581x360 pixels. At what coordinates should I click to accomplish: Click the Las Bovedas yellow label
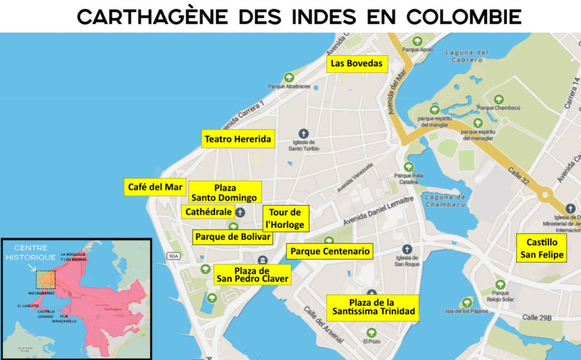coord(357,63)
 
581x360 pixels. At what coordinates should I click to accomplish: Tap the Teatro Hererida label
coord(238,140)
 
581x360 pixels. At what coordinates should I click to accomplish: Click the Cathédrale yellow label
coord(209,212)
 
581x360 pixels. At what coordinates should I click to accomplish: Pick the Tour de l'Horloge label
coord(284,218)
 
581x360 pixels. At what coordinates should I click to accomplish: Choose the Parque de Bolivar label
coord(233,237)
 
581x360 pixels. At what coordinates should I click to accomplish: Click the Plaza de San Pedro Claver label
coord(252,274)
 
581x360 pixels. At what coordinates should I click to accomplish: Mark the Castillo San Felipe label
coord(541,248)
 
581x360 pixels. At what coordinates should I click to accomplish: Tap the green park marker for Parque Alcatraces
coord(289,77)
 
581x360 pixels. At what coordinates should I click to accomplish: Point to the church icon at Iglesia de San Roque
coord(407,249)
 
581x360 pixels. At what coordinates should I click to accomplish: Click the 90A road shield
coord(173,255)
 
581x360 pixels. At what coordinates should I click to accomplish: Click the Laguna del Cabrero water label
coord(464,56)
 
